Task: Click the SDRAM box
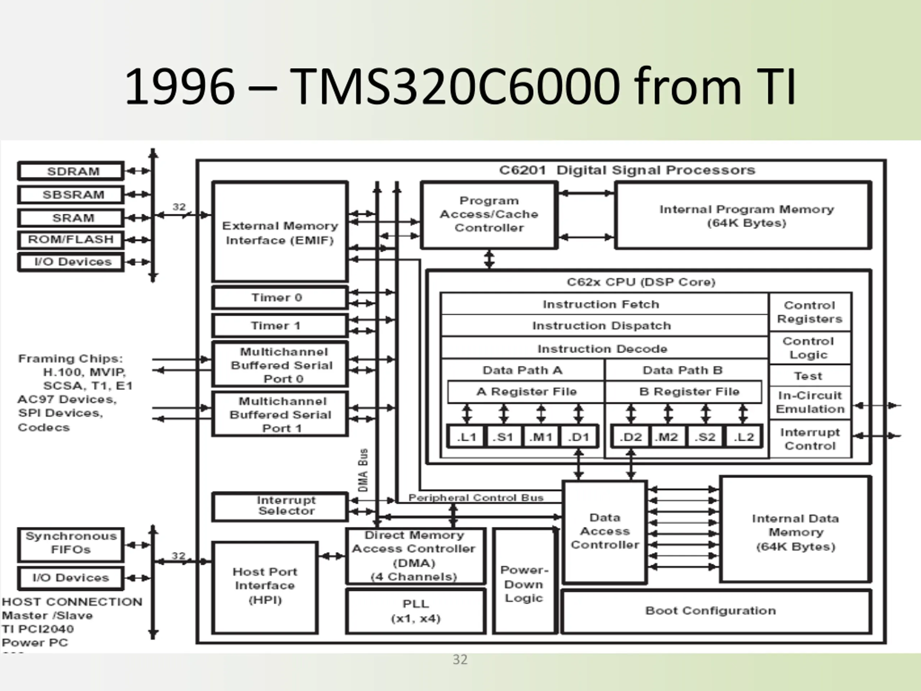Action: pyautogui.click(x=71, y=171)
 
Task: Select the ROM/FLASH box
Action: pyautogui.click(x=71, y=239)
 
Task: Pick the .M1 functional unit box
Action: pyautogui.click(x=541, y=437)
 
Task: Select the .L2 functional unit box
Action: pyautogui.click(x=744, y=437)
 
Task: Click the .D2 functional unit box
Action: pyautogui.click(x=630, y=437)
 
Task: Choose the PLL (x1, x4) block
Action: pyautogui.click(x=416, y=611)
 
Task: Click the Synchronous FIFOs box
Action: pyautogui.click(x=71, y=543)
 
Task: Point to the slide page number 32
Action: pyautogui.click(x=460, y=660)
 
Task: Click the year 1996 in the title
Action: pyautogui.click(x=180, y=87)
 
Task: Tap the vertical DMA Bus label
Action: pyautogui.click(x=363, y=470)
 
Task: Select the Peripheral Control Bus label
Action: pyautogui.click(x=476, y=498)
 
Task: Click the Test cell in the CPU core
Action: pyautogui.click(x=809, y=376)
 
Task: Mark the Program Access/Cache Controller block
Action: pyautogui.click(x=489, y=214)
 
